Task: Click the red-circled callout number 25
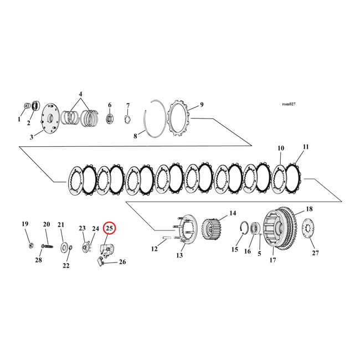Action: coord(109,228)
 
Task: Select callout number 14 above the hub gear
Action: coord(233,213)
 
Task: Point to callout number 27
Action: coord(315,254)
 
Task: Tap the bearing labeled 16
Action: coord(257,227)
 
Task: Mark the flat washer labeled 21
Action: coord(65,245)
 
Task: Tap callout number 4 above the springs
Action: coord(80,95)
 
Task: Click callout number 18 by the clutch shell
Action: coord(309,209)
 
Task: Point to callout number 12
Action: coord(155,249)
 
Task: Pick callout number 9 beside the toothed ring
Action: coord(202,105)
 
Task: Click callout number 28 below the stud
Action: coord(38,260)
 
